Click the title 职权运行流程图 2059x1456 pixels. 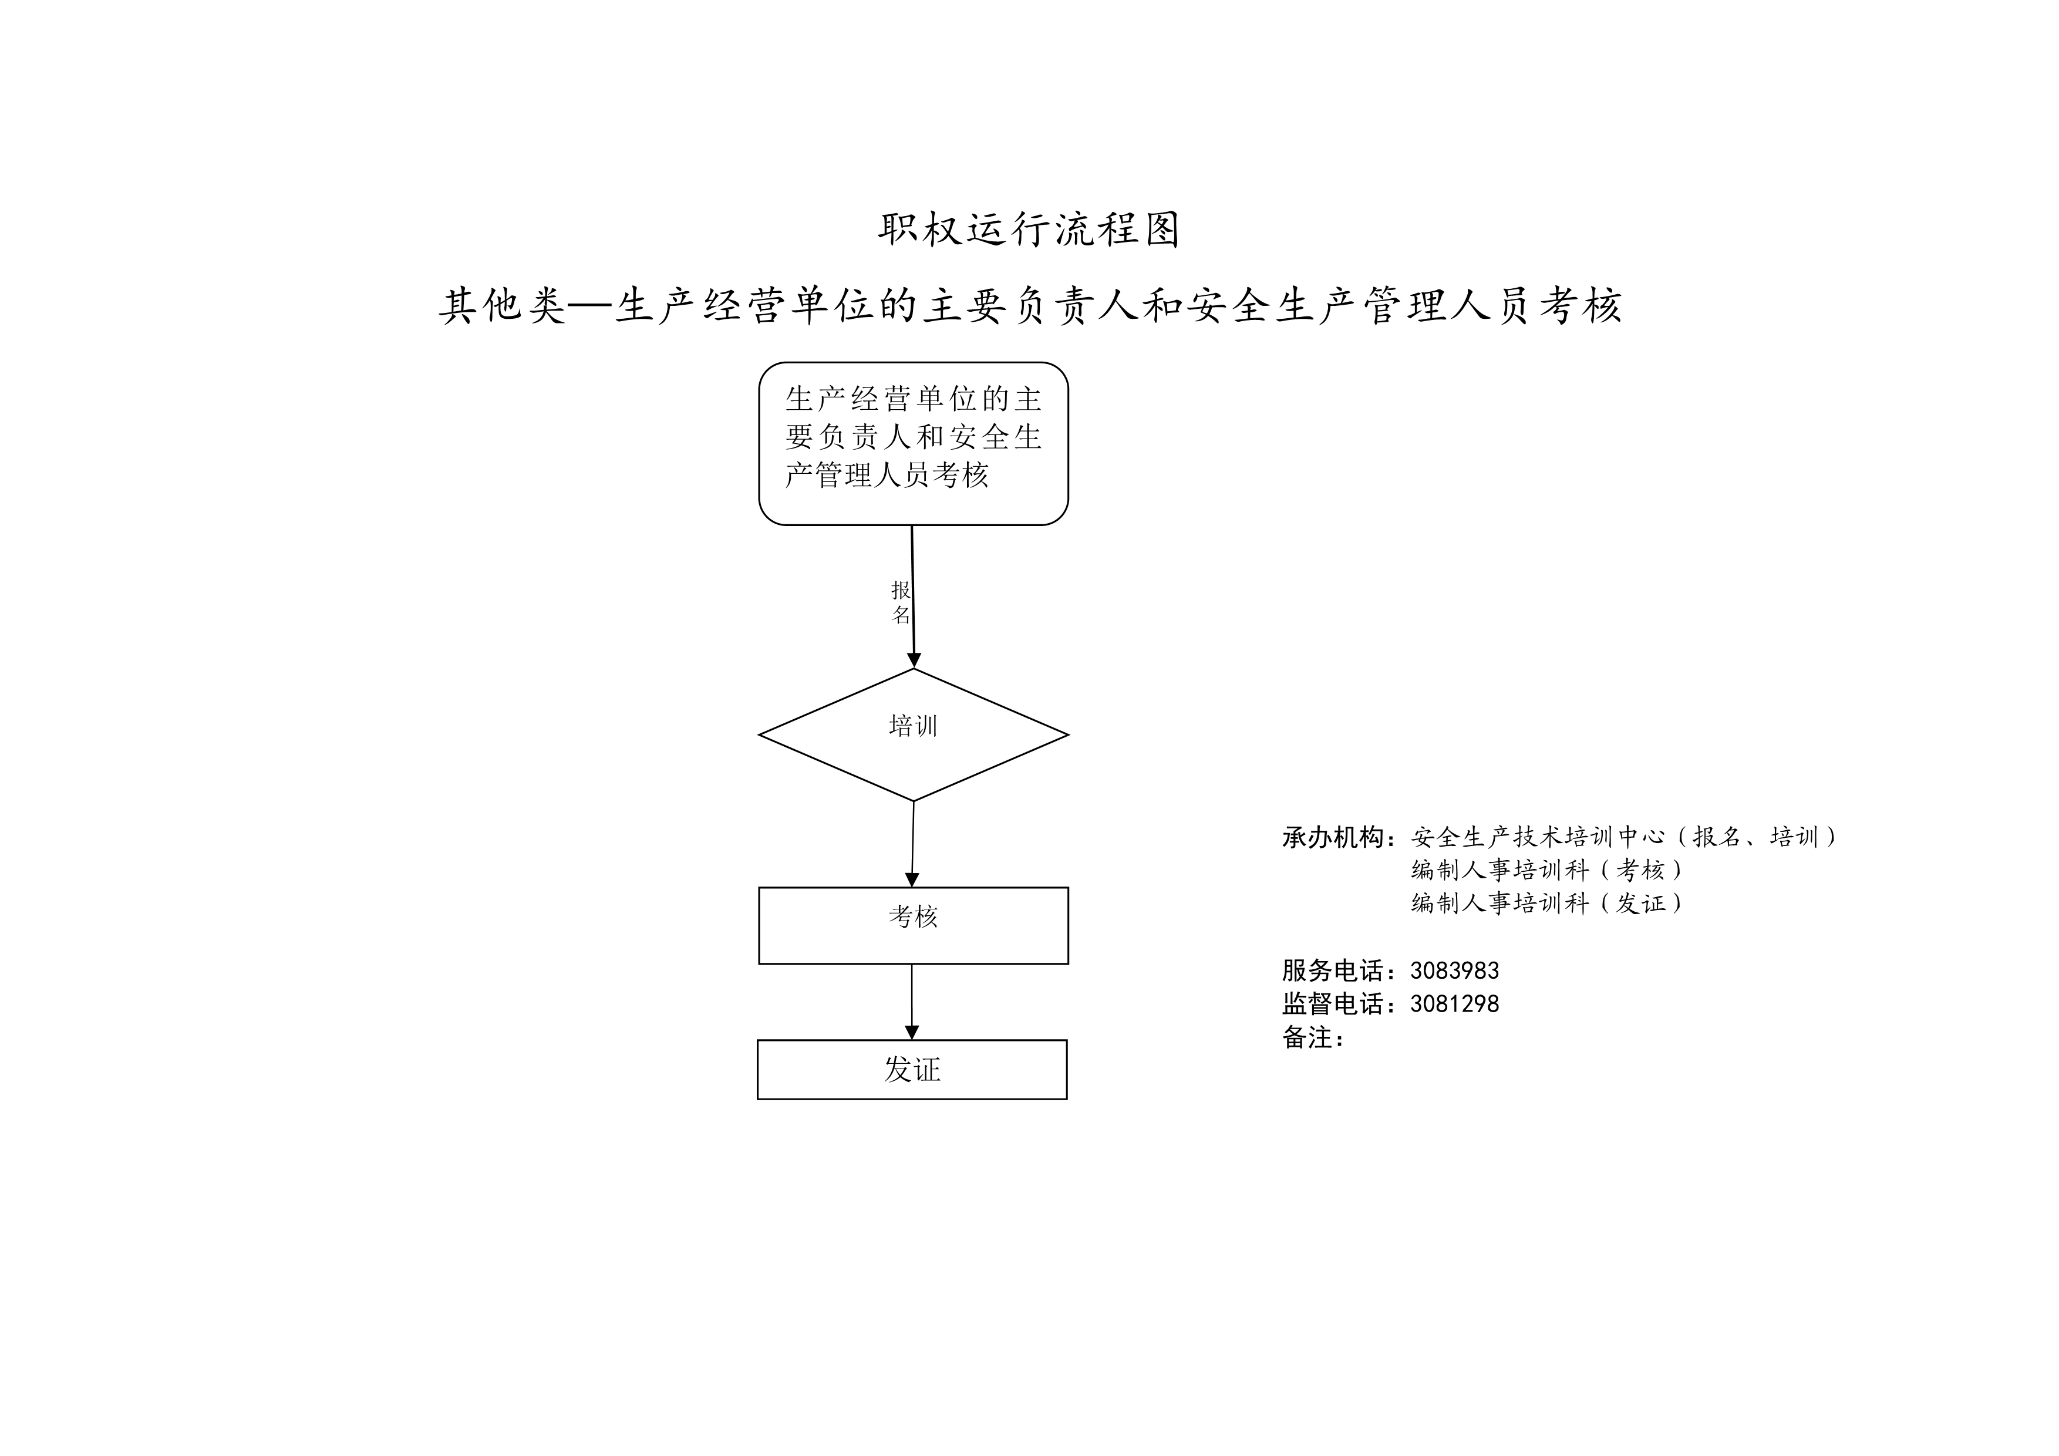[1029, 230]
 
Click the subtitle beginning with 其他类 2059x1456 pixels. [1030, 306]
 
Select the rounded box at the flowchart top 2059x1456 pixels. [913, 444]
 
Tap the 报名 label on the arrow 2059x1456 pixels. [901, 602]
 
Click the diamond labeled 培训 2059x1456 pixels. [913, 735]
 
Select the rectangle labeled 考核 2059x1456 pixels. [913, 926]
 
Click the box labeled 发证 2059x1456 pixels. [912, 1070]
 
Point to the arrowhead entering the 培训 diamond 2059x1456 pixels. [914, 660]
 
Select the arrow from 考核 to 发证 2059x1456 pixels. [912, 1002]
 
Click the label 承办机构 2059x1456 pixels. [1333, 837]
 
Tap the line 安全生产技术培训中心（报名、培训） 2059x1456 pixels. [1624, 837]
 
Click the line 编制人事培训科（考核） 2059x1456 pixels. [1547, 869]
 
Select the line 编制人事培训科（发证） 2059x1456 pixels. [1547, 903]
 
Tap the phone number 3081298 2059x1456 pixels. [1455, 1004]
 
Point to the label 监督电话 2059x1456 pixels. [1333, 1004]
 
